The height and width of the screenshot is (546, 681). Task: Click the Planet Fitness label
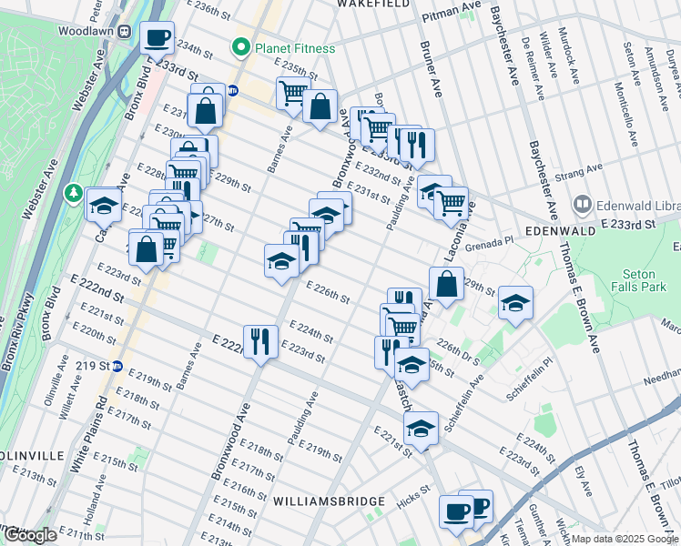[x=294, y=48]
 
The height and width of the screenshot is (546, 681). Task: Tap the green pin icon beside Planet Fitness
[x=241, y=47]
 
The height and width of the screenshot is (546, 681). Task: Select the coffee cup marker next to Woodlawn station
[x=157, y=38]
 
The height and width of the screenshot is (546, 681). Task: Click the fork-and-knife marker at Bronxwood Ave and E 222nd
[x=260, y=342]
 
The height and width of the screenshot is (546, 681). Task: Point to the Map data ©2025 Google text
[x=625, y=539]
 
